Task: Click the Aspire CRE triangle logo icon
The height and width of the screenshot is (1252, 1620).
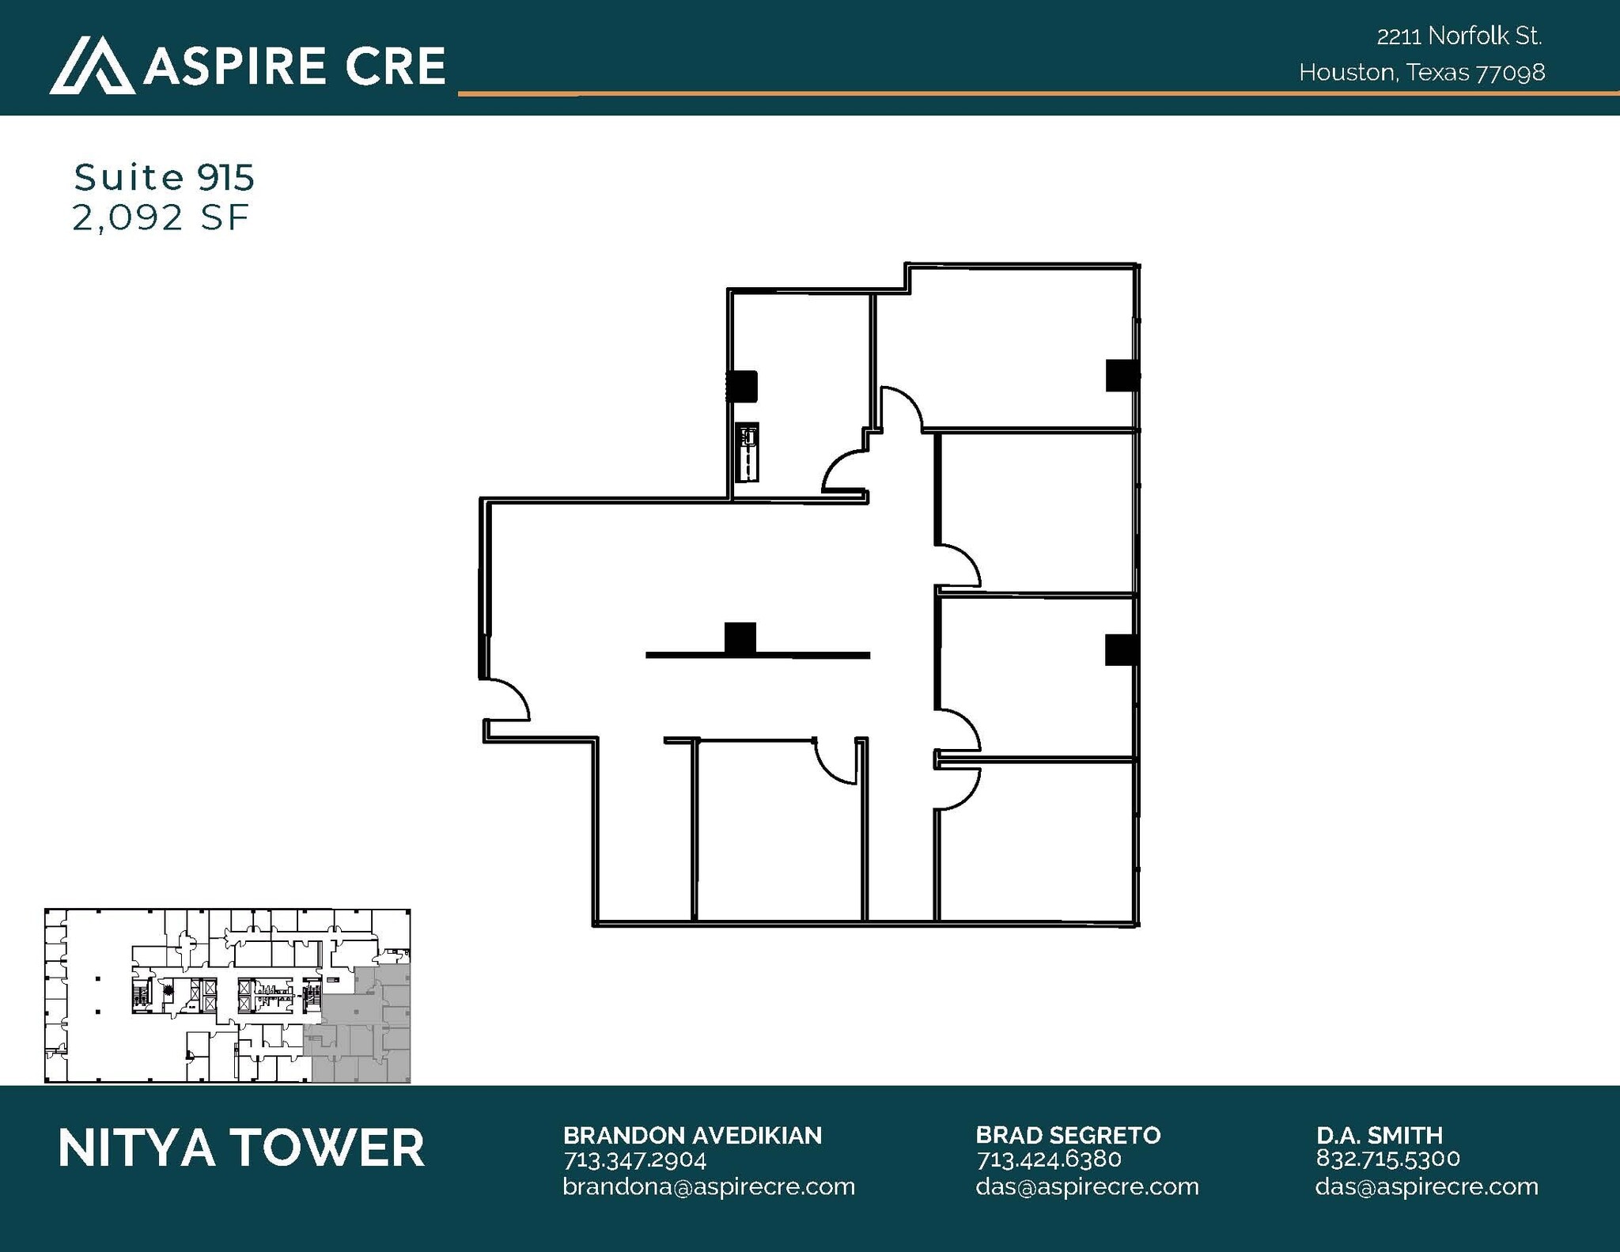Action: [x=91, y=65]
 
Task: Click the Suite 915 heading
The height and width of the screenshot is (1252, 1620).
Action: [x=164, y=177]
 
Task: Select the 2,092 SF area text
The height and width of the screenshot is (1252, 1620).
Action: [x=161, y=217]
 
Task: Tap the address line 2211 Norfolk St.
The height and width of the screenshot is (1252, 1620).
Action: [x=1459, y=36]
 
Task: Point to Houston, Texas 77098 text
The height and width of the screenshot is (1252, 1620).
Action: [x=1421, y=73]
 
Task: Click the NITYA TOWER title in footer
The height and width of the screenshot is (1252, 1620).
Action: [x=241, y=1148]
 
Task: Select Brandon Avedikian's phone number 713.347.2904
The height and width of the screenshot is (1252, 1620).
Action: [x=634, y=1159]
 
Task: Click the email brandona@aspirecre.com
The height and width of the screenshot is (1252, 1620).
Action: [x=709, y=1186]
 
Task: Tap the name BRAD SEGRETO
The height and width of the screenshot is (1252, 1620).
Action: [x=1068, y=1135]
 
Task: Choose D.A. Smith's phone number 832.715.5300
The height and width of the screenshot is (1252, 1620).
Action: [x=1387, y=1158]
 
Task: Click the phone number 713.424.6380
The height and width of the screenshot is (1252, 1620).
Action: [x=1048, y=1159]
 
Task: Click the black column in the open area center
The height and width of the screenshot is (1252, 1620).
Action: [x=740, y=637]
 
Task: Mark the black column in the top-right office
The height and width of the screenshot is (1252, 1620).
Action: [x=1122, y=375]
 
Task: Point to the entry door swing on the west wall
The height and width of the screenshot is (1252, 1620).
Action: [x=506, y=700]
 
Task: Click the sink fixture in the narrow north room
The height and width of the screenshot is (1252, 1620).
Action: [x=747, y=452]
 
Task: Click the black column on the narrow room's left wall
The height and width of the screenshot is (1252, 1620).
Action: [x=742, y=386]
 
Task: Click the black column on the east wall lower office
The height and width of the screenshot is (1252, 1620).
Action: [x=1121, y=649]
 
